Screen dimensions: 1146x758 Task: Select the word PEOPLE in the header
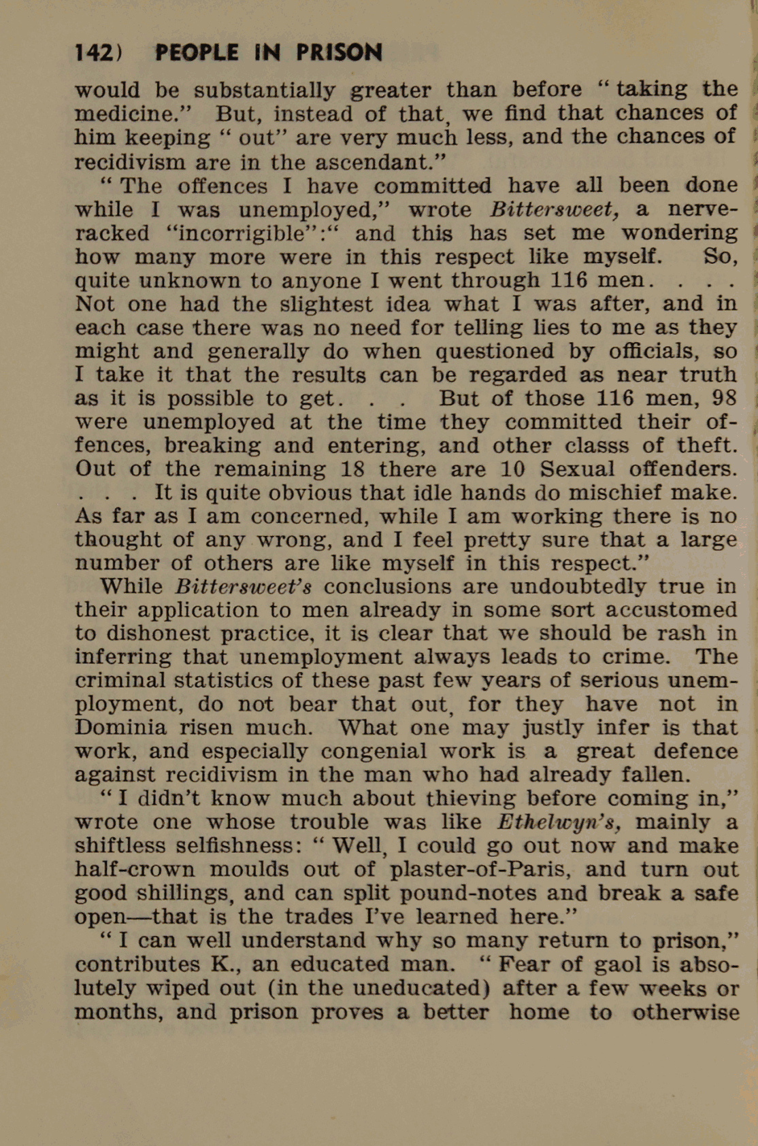tap(197, 53)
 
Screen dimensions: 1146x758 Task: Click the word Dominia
tap(120, 727)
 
